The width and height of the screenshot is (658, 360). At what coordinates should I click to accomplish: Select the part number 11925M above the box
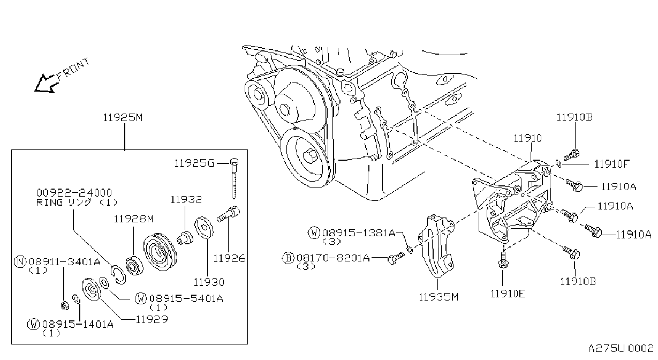coord(123,117)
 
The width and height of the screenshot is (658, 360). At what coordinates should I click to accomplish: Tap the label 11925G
coord(194,163)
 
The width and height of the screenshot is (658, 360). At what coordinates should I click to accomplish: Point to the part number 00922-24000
coord(74,193)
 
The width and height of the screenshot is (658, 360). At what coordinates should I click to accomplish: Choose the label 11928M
coord(133,219)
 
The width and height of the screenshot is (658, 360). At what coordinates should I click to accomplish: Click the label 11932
coord(186,200)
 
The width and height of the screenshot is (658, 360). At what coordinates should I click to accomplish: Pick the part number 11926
coord(229,258)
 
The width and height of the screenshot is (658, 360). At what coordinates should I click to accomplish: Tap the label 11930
coord(209,282)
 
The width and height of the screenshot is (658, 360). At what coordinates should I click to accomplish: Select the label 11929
coord(152,319)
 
